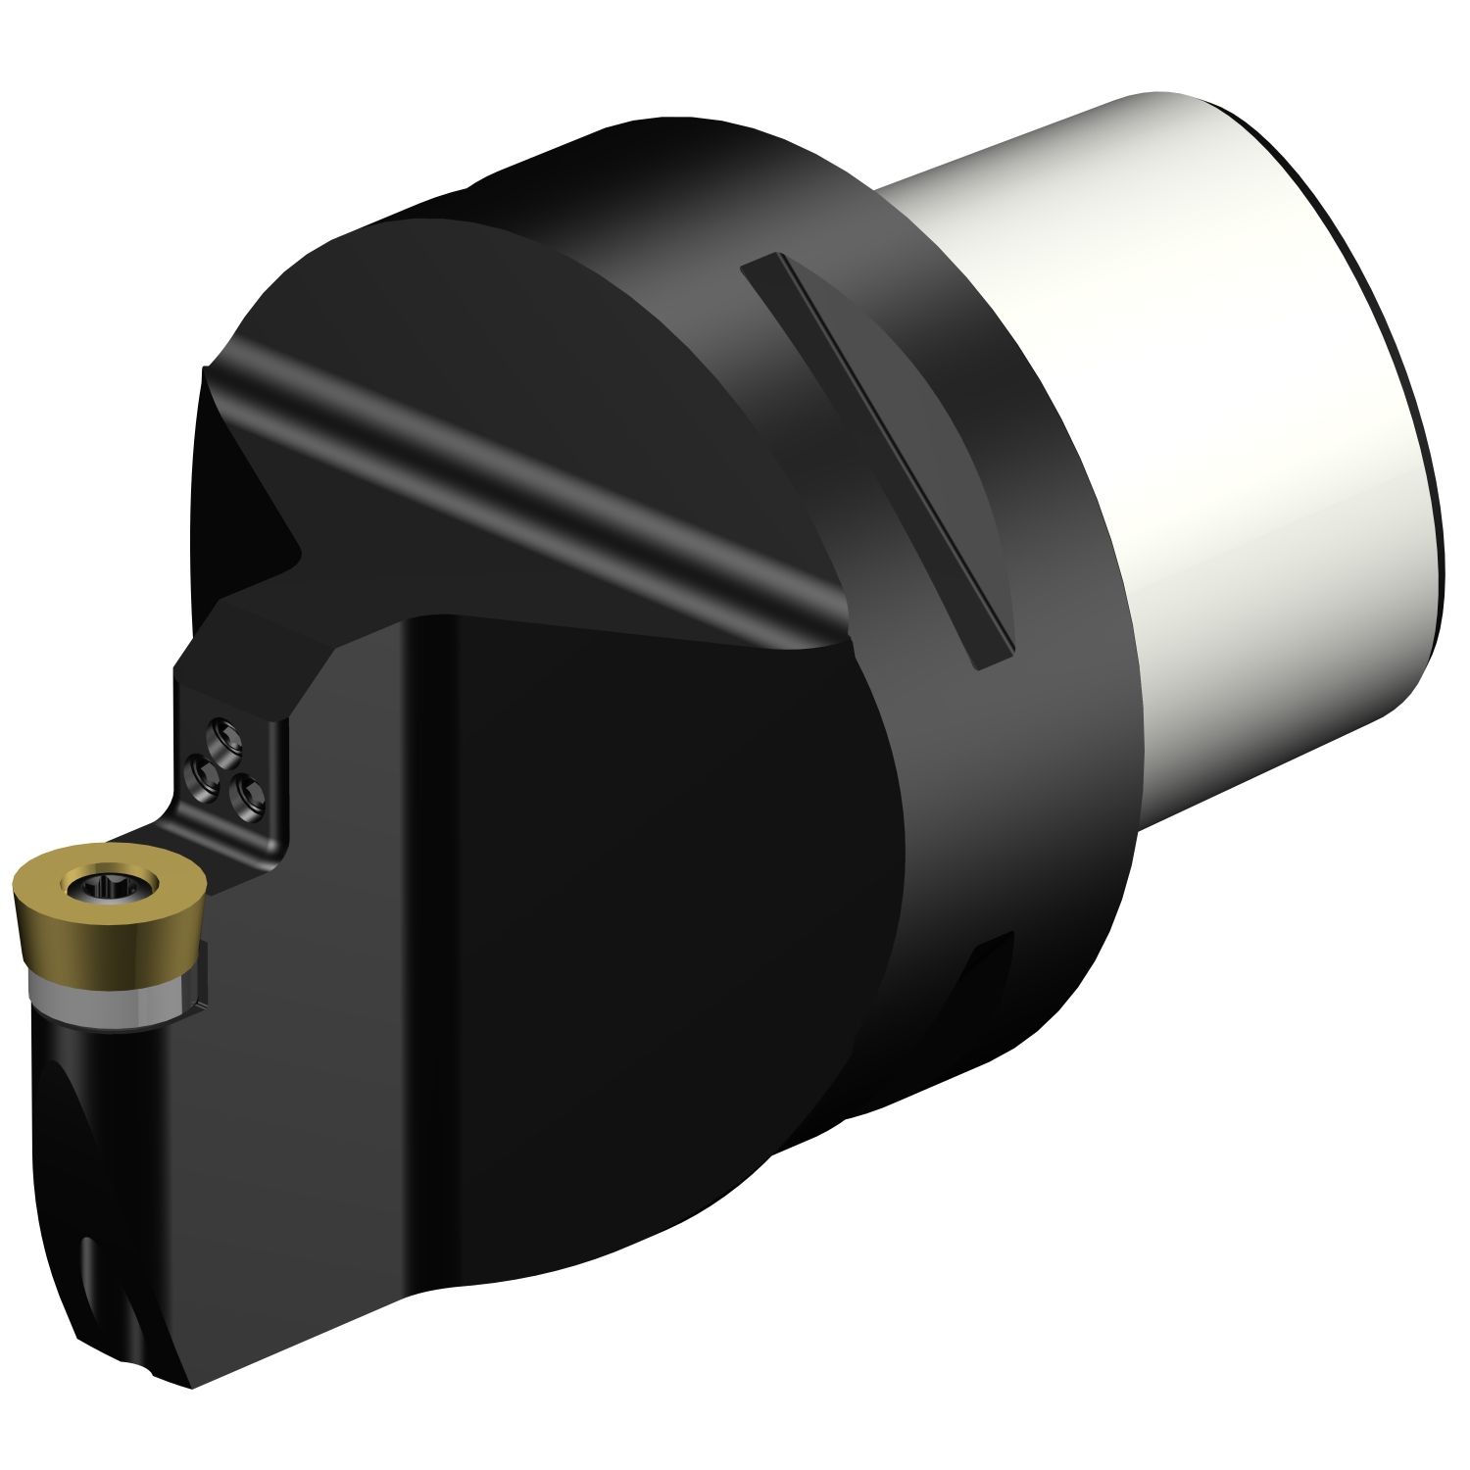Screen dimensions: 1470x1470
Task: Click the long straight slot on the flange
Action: (877, 461)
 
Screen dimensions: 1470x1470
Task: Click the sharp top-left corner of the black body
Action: (204, 369)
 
